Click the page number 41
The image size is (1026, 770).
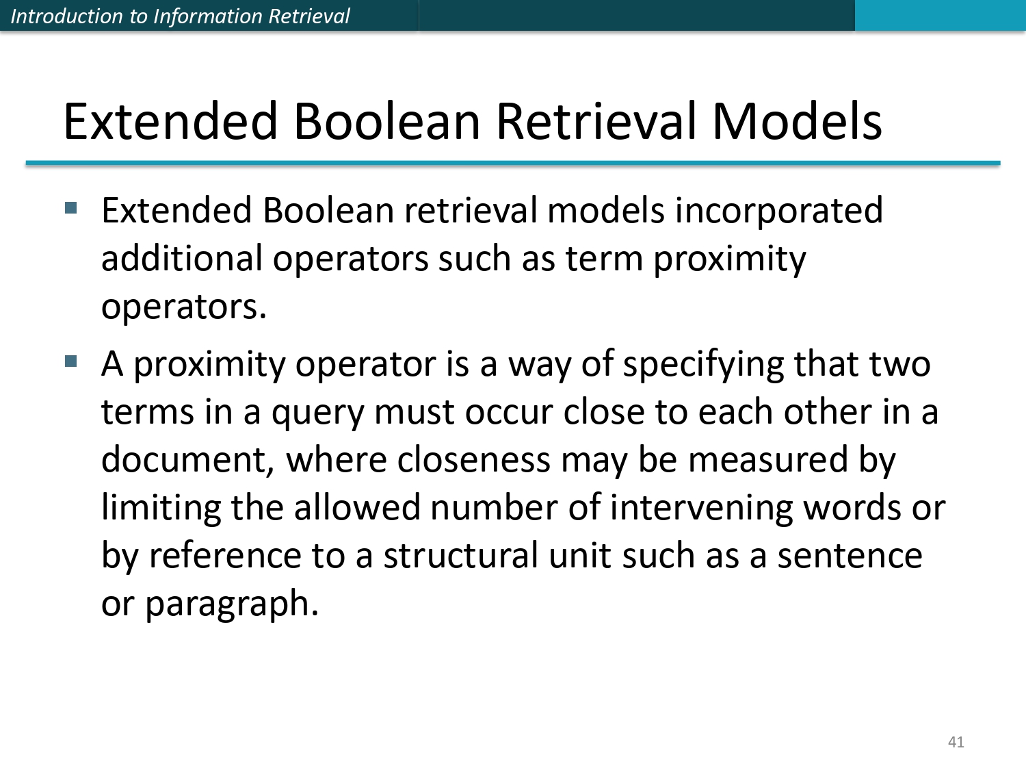pyautogui.click(x=956, y=742)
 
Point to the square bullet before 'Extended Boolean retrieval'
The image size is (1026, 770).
pyautogui.click(x=71, y=207)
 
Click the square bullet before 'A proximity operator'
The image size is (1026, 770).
pyautogui.click(x=71, y=361)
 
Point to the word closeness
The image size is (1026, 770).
pyautogui.click(x=473, y=459)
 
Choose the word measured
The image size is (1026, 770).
pyautogui.click(x=767, y=459)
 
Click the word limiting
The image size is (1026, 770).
pyautogui.click(x=161, y=508)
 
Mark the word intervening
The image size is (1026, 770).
pyautogui.click(x=700, y=508)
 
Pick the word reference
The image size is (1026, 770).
pyautogui.click(x=224, y=555)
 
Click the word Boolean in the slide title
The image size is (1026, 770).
pyautogui.click(x=387, y=121)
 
